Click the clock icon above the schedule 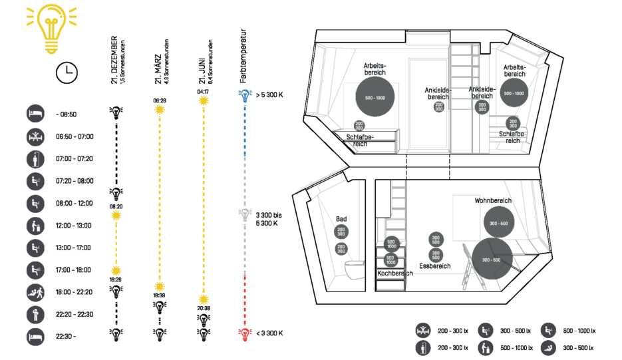tap(66, 73)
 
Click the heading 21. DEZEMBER tap(115, 59)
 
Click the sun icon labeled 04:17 tap(202, 100)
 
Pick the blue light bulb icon tap(245, 95)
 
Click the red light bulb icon tap(245, 333)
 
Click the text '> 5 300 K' tap(269, 95)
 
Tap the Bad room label tap(341, 218)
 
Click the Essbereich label tap(435, 266)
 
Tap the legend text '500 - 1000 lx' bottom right tap(579, 331)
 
